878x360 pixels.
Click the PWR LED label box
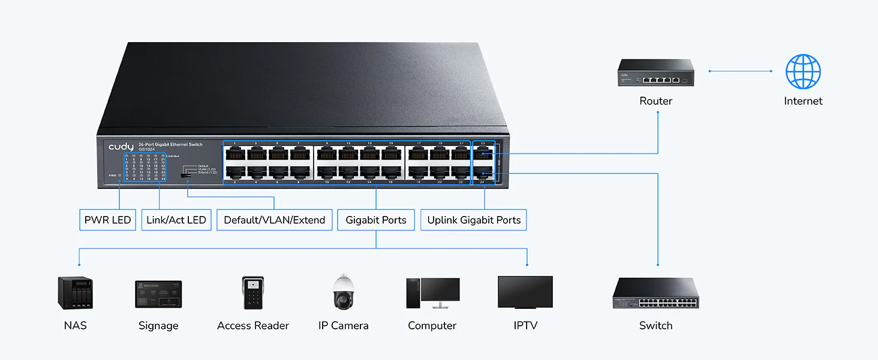(x=107, y=220)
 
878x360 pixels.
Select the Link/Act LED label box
(x=176, y=220)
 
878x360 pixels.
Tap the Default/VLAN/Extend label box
(x=274, y=220)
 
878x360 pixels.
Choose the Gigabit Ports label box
(x=376, y=220)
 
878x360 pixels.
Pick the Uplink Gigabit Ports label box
(x=474, y=220)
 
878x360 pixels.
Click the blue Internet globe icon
(x=803, y=71)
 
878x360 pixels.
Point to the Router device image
(x=656, y=73)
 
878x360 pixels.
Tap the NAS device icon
(x=76, y=292)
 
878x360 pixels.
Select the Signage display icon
(x=158, y=294)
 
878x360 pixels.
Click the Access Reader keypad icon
(x=253, y=293)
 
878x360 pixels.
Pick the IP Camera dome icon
(x=344, y=292)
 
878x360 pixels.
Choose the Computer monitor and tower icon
(x=432, y=293)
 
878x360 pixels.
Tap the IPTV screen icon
(x=525, y=292)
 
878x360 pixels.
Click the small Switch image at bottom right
(x=656, y=293)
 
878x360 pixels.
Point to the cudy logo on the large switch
(x=121, y=147)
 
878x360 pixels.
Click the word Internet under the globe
(x=803, y=101)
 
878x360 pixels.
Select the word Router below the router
(x=656, y=101)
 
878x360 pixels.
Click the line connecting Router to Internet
(x=741, y=71)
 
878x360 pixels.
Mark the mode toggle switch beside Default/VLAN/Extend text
(x=187, y=175)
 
